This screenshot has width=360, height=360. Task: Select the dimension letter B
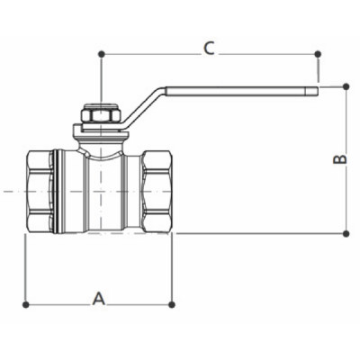tap(340, 159)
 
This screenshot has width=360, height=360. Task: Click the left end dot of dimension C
tap(101, 54)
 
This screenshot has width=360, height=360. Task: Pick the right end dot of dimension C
tap(318, 54)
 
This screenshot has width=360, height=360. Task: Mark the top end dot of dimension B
tap(346, 86)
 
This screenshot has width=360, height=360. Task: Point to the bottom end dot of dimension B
tap(346, 233)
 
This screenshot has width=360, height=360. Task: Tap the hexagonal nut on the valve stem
tap(94, 117)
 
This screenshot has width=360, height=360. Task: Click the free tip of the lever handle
tap(316, 90)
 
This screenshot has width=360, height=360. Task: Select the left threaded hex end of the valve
tap(40, 192)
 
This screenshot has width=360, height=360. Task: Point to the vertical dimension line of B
tap(346, 198)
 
